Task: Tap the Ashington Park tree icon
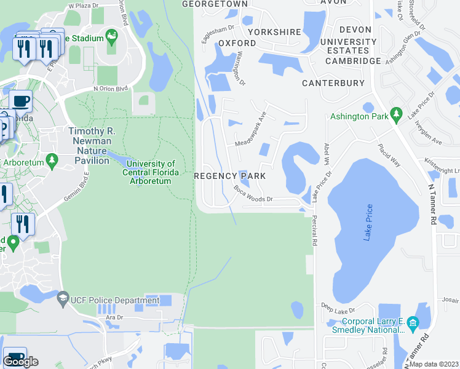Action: click(396, 114)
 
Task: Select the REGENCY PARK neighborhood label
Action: click(230, 176)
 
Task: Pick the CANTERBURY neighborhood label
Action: click(333, 83)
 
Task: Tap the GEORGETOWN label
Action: click(215, 4)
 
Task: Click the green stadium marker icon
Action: click(111, 38)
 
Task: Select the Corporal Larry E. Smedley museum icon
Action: click(413, 322)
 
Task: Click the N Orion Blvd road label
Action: click(110, 88)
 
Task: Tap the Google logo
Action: click(20, 362)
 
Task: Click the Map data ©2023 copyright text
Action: click(434, 364)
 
